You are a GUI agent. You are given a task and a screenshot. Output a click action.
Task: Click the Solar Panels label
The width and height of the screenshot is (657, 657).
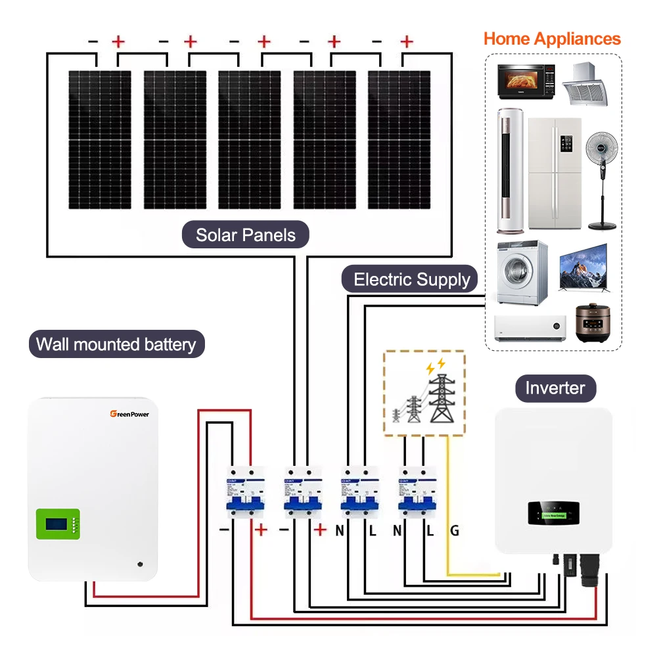tap(246, 235)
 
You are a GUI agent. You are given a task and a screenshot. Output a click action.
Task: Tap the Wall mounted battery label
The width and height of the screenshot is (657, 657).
tap(116, 344)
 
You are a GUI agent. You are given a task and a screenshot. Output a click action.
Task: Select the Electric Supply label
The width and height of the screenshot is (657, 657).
tap(412, 280)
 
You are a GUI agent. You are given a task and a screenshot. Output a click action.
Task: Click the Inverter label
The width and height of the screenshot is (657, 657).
tap(555, 388)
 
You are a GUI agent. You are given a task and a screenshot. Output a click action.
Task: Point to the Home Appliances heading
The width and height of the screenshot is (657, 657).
tap(552, 38)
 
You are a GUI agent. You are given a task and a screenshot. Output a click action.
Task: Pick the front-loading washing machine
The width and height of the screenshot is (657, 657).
tap(522, 273)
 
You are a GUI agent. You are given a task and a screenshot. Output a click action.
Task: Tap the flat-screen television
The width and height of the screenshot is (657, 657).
tap(583, 267)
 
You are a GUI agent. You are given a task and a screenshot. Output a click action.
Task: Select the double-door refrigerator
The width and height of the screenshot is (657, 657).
tap(555, 173)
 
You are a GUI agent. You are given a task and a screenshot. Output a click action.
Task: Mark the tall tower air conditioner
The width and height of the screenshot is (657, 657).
tap(509, 171)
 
